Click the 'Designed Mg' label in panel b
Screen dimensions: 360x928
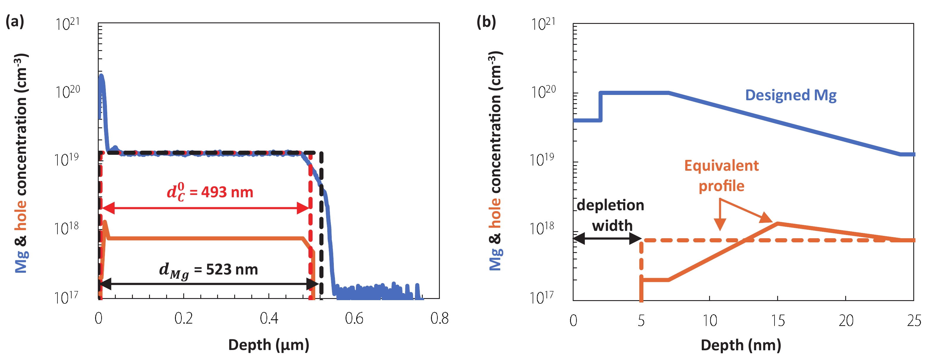790,95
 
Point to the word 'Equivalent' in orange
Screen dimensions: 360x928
721,166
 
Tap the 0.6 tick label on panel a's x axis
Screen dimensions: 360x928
354,318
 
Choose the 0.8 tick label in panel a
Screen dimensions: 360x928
439,318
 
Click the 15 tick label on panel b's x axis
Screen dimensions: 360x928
777,321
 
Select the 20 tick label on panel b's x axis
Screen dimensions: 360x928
846,321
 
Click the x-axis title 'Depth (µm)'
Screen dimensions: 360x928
269,345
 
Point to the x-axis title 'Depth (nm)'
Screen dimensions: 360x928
741,345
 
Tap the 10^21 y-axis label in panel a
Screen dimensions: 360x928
67,24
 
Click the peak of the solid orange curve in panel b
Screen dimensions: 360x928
777,223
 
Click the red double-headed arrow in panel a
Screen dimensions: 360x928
206,208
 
